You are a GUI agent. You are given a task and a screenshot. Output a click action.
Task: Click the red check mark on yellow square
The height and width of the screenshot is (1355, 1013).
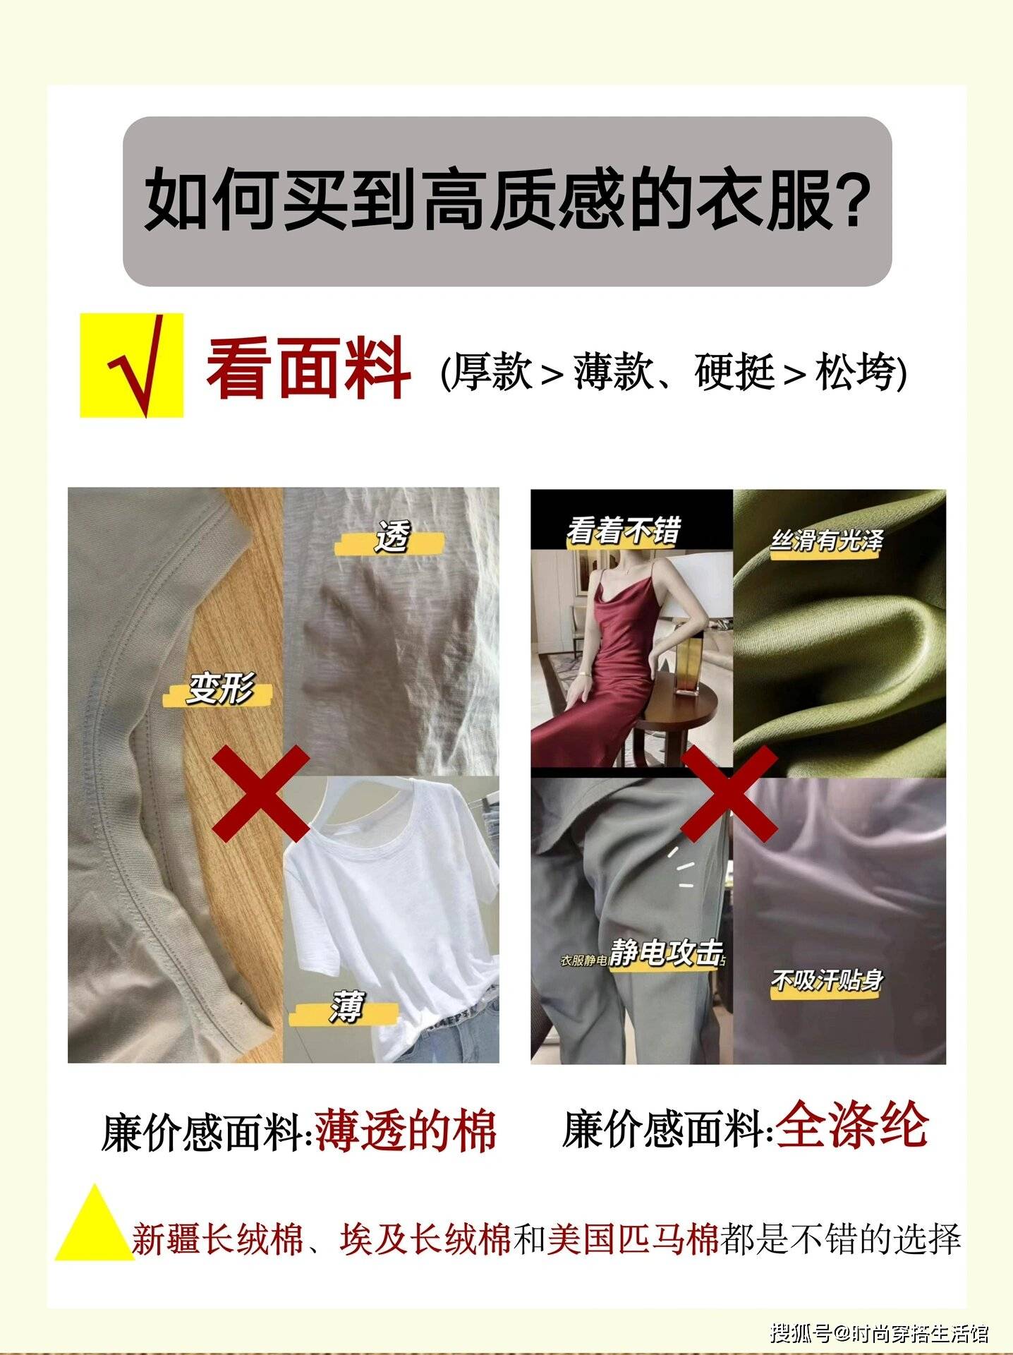point(137,365)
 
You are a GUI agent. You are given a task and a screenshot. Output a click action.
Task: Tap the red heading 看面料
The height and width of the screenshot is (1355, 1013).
point(308,368)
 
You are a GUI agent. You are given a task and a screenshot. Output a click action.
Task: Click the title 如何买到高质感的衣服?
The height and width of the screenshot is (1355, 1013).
point(506,200)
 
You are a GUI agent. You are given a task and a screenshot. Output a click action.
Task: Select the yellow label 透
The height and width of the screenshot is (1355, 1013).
point(392,538)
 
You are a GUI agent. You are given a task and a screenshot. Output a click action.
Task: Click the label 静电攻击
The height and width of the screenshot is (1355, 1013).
point(667,953)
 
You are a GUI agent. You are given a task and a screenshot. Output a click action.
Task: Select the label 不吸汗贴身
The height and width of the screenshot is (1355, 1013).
point(827,981)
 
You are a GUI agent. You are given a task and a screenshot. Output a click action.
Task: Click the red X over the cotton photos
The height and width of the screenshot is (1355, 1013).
point(261,793)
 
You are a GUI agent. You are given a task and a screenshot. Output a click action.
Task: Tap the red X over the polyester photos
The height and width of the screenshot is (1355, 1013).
point(729,793)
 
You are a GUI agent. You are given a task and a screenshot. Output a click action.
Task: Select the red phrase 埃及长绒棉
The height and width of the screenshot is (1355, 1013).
point(425,1239)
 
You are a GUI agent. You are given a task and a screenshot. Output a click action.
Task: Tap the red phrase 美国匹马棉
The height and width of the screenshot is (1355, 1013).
point(632,1239)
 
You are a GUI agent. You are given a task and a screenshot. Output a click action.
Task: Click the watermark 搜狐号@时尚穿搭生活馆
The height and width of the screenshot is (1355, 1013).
point(879,1333)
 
